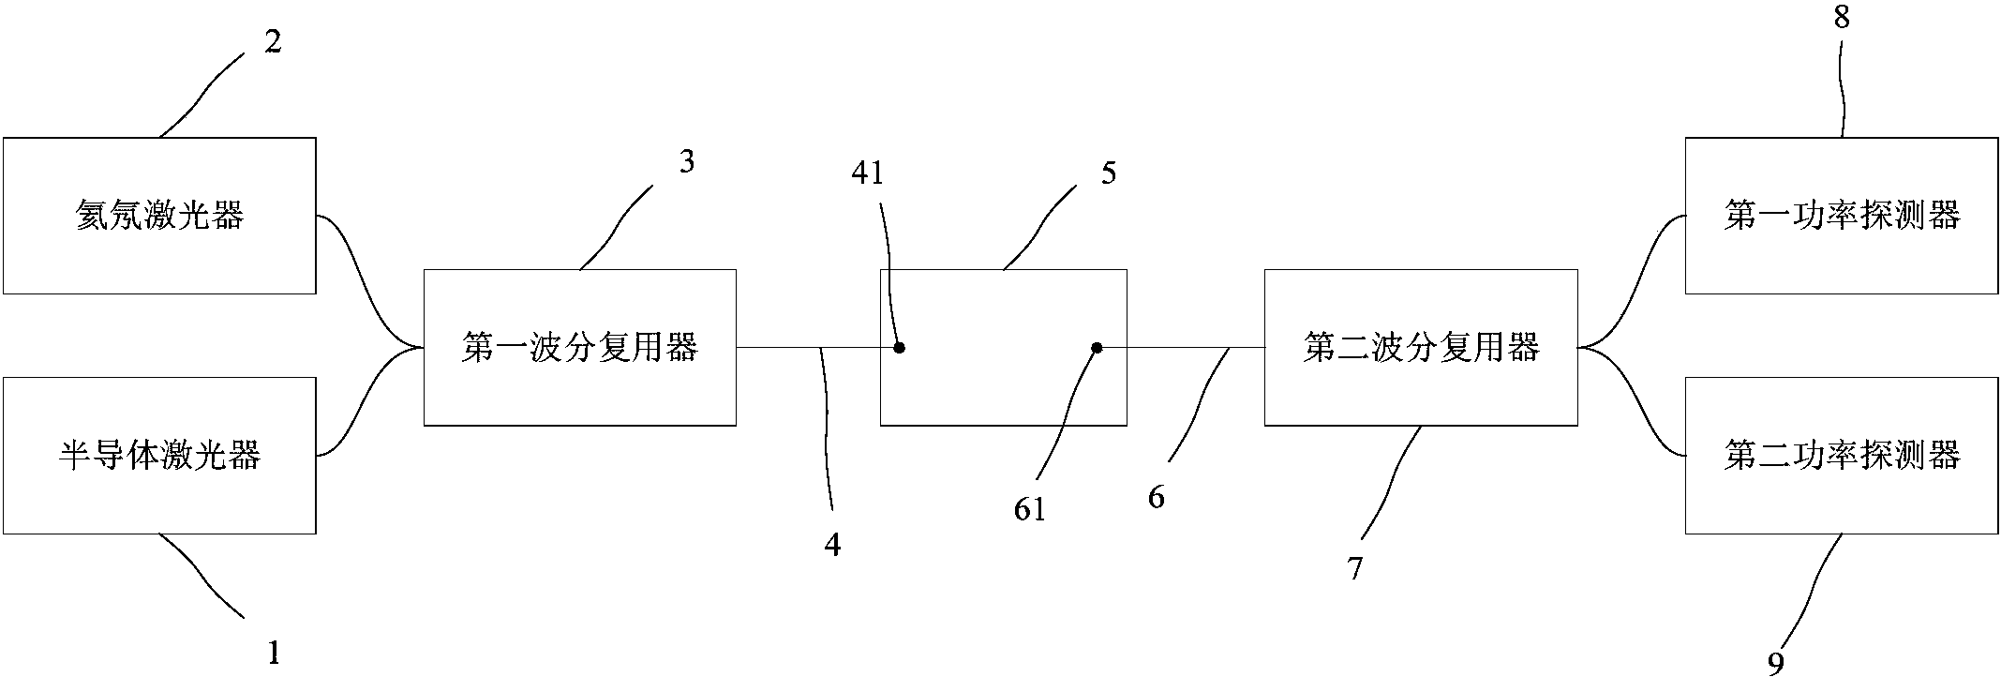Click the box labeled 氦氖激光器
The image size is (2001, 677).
tap(159, 216)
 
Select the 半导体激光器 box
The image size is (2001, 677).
tap(159, 456)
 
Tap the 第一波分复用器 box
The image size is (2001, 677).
tap(579, 348)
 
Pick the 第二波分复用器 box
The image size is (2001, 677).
tap(1420, 348)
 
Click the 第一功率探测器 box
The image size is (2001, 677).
tap(1842, 216)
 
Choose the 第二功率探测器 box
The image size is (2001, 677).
tap(1842, 456)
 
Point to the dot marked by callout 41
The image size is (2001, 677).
tap(899, 348)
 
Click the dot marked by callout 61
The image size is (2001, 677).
tap(1097, 348)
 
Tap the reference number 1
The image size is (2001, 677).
tap(274, 652)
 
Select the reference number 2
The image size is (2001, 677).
tap(272, 42)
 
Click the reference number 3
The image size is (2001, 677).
tap(687, 162)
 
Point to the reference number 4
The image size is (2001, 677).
tap(832, 545)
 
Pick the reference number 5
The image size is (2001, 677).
tap(1109, 173)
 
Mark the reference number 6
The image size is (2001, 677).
tap(1157, 498)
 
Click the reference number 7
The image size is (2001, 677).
tap(1355, 568)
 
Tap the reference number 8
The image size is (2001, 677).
tap(1842, 19)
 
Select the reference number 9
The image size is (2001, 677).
tap(1776, 663)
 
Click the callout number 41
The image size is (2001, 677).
tap(868, 173)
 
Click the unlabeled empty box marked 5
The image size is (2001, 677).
tap(1003, 394)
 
